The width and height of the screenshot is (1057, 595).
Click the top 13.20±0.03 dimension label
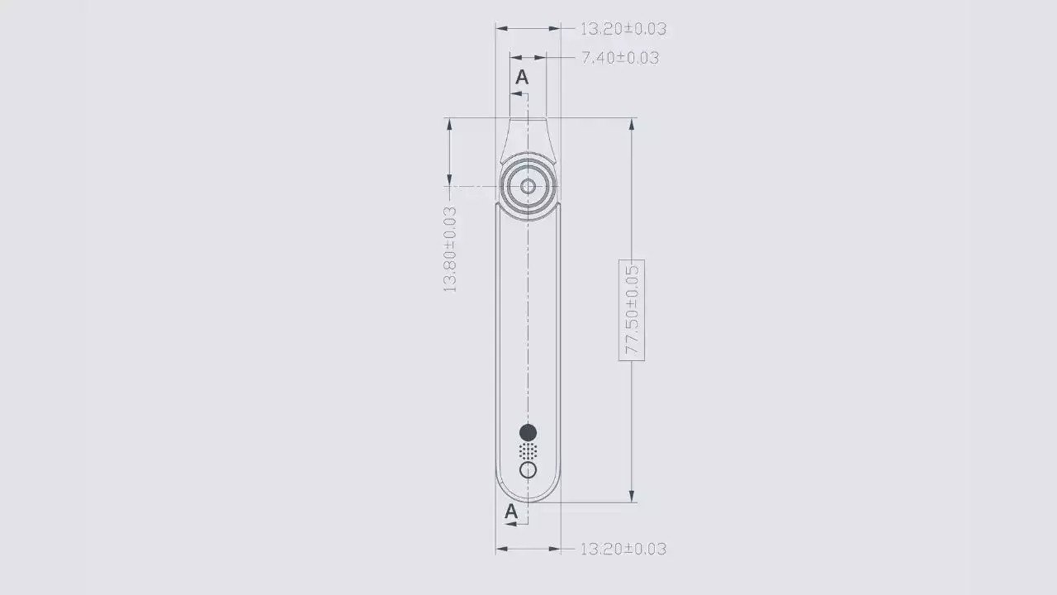[623, 29]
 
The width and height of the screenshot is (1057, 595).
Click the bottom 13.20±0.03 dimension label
[623, 549]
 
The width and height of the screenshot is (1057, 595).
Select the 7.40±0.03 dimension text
[620, 58]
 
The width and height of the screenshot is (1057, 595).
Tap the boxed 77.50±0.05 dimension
[632, 310]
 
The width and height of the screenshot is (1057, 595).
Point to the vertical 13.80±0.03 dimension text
[450, 250]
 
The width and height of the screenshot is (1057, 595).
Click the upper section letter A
[522, 77]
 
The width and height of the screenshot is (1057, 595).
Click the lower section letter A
[511, 511]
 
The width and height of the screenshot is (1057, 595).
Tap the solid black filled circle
[528, 432]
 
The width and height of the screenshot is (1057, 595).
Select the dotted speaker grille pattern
[528, 451]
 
